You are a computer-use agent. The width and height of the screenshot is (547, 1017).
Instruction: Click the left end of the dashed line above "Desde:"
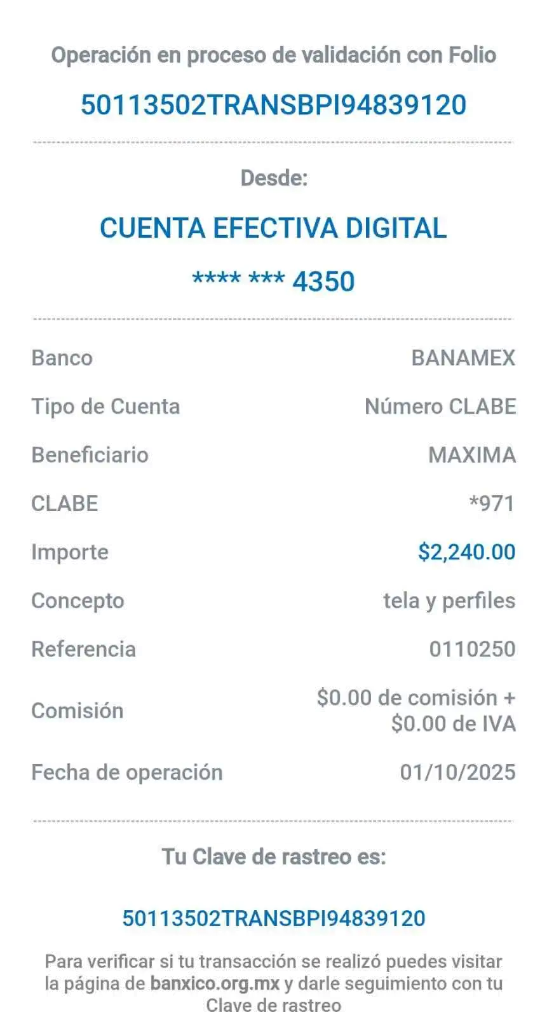tap(33, 142)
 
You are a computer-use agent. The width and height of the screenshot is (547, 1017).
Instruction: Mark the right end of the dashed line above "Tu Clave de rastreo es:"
tap(513, 821)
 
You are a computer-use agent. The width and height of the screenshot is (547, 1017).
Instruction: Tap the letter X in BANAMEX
tap(508, 358)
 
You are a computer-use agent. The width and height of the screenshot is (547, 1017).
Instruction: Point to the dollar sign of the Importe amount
tap(423, 552)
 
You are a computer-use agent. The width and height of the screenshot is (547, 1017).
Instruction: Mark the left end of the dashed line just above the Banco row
tap(33, 319)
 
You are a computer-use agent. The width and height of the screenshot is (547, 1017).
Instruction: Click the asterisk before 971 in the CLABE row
tap(474, 500)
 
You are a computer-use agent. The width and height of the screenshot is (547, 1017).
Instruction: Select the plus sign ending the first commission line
tap(510, 699)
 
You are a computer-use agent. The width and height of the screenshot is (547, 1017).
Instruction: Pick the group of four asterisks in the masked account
tap(217, 276)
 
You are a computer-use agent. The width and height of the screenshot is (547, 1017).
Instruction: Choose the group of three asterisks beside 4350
tap(267, 276)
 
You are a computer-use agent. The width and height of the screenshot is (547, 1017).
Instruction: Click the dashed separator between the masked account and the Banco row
tap(273, 319)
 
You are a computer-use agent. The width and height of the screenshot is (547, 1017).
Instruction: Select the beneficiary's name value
tap(472, 455)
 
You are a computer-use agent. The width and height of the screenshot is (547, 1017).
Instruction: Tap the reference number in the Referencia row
tap(473, 649)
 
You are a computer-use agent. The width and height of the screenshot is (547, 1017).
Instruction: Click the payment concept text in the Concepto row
tap(449, 601)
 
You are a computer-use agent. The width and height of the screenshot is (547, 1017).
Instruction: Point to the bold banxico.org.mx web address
tap(215, 983)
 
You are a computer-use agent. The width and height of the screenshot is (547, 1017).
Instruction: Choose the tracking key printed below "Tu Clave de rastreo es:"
tap(274, 918)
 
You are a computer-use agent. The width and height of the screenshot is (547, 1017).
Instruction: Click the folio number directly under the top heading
tap(274, 105)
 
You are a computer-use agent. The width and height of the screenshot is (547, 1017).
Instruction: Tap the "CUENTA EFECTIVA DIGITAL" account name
tap(274, 228)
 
